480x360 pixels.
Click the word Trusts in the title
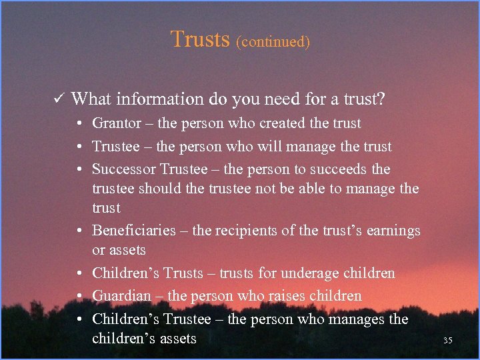point(200,39)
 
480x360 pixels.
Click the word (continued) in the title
point(273,41)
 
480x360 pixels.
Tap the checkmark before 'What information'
point(58,100)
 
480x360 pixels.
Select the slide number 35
point(448,341)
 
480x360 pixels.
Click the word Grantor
point(117,123)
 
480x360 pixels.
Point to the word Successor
point(123,169)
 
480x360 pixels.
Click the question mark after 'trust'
point(381,99)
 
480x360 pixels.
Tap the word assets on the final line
point(178,339)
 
